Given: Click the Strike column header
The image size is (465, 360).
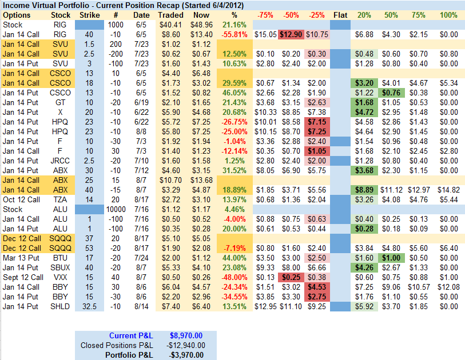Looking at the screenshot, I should (89, 15).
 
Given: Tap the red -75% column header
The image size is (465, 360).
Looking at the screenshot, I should (265, 15).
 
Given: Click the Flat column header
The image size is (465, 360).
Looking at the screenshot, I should (340, 15).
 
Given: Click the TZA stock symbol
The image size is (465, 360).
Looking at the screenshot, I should (61, 199).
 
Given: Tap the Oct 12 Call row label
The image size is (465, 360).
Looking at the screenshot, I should (21, 199).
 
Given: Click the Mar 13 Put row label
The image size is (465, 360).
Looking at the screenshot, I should (21, 258).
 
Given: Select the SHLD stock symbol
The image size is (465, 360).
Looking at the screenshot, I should (60, 306).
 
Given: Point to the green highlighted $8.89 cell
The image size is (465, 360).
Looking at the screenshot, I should (365, 190).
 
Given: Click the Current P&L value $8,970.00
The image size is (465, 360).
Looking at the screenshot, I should (186, 335).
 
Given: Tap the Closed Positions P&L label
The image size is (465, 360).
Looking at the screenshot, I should (117, 345).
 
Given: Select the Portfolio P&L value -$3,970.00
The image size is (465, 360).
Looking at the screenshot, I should (186, 355).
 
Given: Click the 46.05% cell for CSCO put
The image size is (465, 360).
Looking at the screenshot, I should (233, 93).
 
